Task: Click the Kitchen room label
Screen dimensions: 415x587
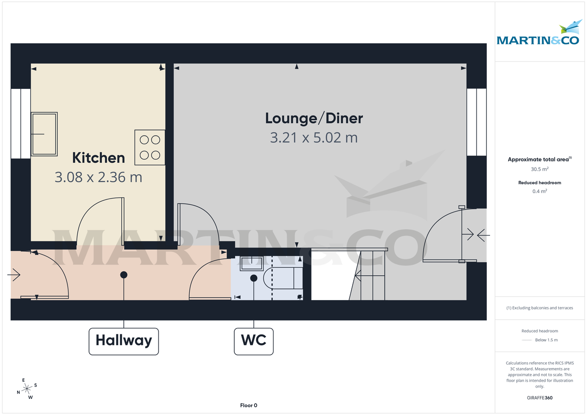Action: click(98, 158)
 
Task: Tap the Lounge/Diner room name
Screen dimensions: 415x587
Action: click(314, 118)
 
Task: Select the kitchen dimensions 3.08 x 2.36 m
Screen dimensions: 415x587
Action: click(98, 177)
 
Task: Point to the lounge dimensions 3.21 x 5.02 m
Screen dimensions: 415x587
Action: click(314, 138)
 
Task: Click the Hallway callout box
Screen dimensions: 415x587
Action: click(124, 341)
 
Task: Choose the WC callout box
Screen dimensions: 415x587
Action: click(254, 341)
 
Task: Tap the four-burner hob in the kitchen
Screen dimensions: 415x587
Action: click(150, 147)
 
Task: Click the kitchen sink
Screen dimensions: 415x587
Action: click(45, 134)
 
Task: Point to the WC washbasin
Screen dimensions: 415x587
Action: click(251, 264)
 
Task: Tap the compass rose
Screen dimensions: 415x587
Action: click(27, 388)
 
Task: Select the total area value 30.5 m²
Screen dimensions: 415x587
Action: click(540, 169)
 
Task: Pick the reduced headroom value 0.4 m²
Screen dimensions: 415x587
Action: click(540, 191)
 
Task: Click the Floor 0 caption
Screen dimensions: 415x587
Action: click(248, 405)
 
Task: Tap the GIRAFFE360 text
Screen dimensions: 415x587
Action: click(540, 398)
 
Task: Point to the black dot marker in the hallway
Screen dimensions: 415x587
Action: click(124, 275)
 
